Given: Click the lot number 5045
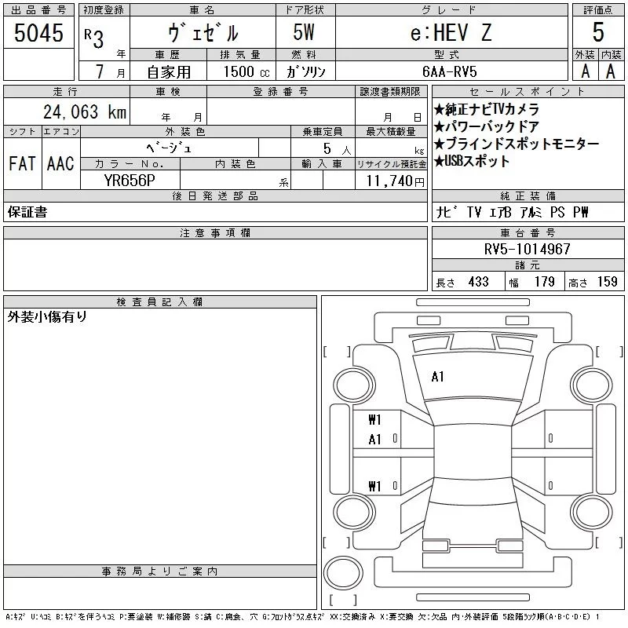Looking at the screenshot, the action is tap(38, 32).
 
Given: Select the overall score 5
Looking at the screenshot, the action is tap(598, 32).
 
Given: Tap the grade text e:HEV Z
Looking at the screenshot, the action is tap(451, 32).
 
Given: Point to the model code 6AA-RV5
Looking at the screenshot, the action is tap(449, 71).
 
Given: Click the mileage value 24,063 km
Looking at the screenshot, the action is tap(85, 111).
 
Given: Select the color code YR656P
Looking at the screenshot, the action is tap(130, 181).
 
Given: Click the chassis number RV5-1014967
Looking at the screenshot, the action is tap(527, 249).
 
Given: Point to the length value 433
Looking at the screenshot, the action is tap(479, 282).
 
